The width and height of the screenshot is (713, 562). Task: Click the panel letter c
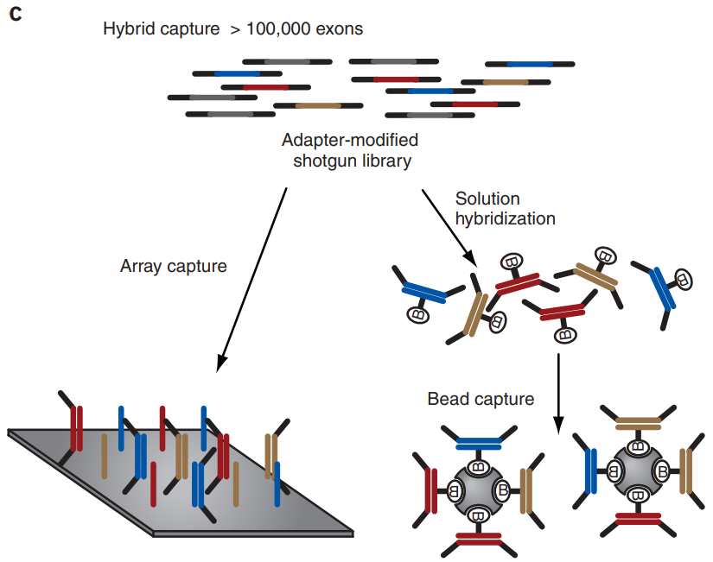click(x=15, y=15)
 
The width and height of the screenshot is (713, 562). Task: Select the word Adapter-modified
click(x=350, y=140)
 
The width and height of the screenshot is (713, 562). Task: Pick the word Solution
click(x=487, y=199)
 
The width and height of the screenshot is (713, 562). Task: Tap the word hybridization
click(x=505, y=218)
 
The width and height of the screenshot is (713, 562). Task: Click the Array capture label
click(x=173, y=266)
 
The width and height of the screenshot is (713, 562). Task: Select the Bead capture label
click(x=481, y=399)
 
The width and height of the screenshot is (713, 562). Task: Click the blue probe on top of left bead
click(x=477, y=443)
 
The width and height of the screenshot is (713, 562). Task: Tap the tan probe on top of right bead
click(x=638, y=423)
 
